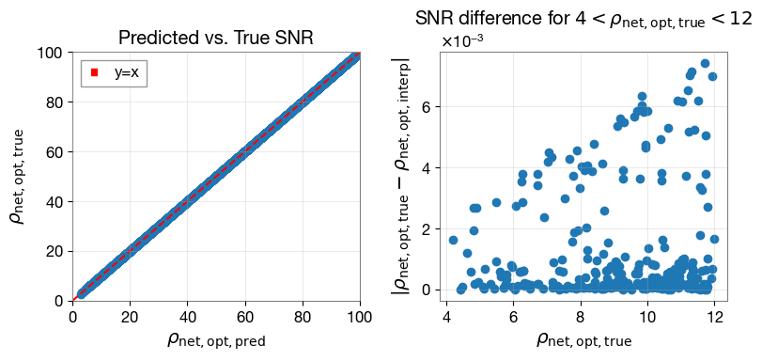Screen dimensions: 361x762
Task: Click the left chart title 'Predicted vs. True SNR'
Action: [216, 39]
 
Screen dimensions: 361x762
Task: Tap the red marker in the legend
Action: [95, 72]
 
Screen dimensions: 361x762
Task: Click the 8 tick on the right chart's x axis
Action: [581, 316]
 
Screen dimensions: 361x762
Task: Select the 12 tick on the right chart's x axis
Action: [715, 316]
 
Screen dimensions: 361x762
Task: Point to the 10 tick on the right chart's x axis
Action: [647, 316]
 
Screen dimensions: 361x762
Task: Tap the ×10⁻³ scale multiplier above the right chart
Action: [463, 41]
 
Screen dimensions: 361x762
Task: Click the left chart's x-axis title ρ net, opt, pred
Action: [216, 339]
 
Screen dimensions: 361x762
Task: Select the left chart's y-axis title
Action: [19, 177]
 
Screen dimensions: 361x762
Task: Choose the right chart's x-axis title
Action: [583, 339]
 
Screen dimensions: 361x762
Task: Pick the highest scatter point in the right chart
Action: [705, 64]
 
